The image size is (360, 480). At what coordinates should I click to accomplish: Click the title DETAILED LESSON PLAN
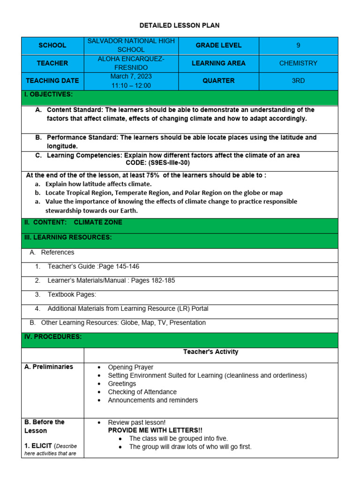pos(180,25)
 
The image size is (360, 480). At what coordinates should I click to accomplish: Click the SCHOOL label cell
pos(52,45)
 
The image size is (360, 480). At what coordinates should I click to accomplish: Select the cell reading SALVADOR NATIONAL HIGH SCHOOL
pos(131,45)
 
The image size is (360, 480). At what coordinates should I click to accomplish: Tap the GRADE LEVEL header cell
pos(218,45)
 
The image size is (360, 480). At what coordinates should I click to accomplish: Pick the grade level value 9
pos(298,45)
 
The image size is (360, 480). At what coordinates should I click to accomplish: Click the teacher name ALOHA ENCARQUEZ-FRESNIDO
pos(131,63)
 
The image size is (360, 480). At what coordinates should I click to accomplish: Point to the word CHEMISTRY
pos(298,63)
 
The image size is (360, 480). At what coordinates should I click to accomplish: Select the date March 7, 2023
pos(131,76)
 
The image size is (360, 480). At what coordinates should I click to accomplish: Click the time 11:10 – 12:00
pos(131,85)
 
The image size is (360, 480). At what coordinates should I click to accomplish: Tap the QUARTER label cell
pos(218,81)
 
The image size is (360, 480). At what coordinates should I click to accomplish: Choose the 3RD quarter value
pos(298,81)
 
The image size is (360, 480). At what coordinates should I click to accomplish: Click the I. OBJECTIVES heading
pos(48,94)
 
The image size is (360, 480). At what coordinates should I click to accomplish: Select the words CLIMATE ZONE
pos(98,222)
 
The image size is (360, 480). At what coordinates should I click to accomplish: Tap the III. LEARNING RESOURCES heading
pos(68,237)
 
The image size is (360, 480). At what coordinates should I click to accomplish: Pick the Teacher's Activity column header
pos(210,352)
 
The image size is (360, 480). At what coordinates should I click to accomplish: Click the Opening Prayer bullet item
pos(130,367)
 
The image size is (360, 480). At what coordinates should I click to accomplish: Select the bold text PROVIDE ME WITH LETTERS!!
pos(155,430)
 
